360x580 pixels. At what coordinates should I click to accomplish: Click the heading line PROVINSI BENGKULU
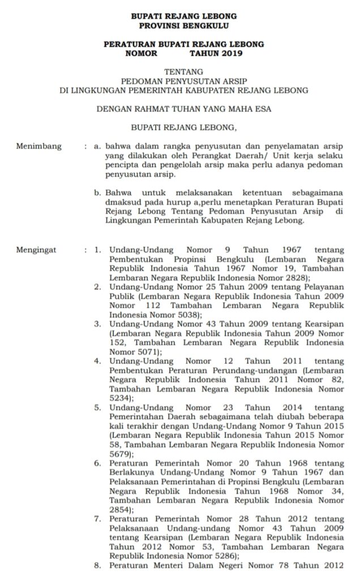click(x=179, y=26)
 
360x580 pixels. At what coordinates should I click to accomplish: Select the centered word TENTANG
click(x=179, y=71)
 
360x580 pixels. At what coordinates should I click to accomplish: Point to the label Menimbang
click(x=38, y=147)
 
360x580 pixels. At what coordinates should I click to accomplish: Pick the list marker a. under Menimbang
click(x=98, y=147)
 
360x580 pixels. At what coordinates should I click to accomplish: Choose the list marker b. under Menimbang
click(x=98, y=193)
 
